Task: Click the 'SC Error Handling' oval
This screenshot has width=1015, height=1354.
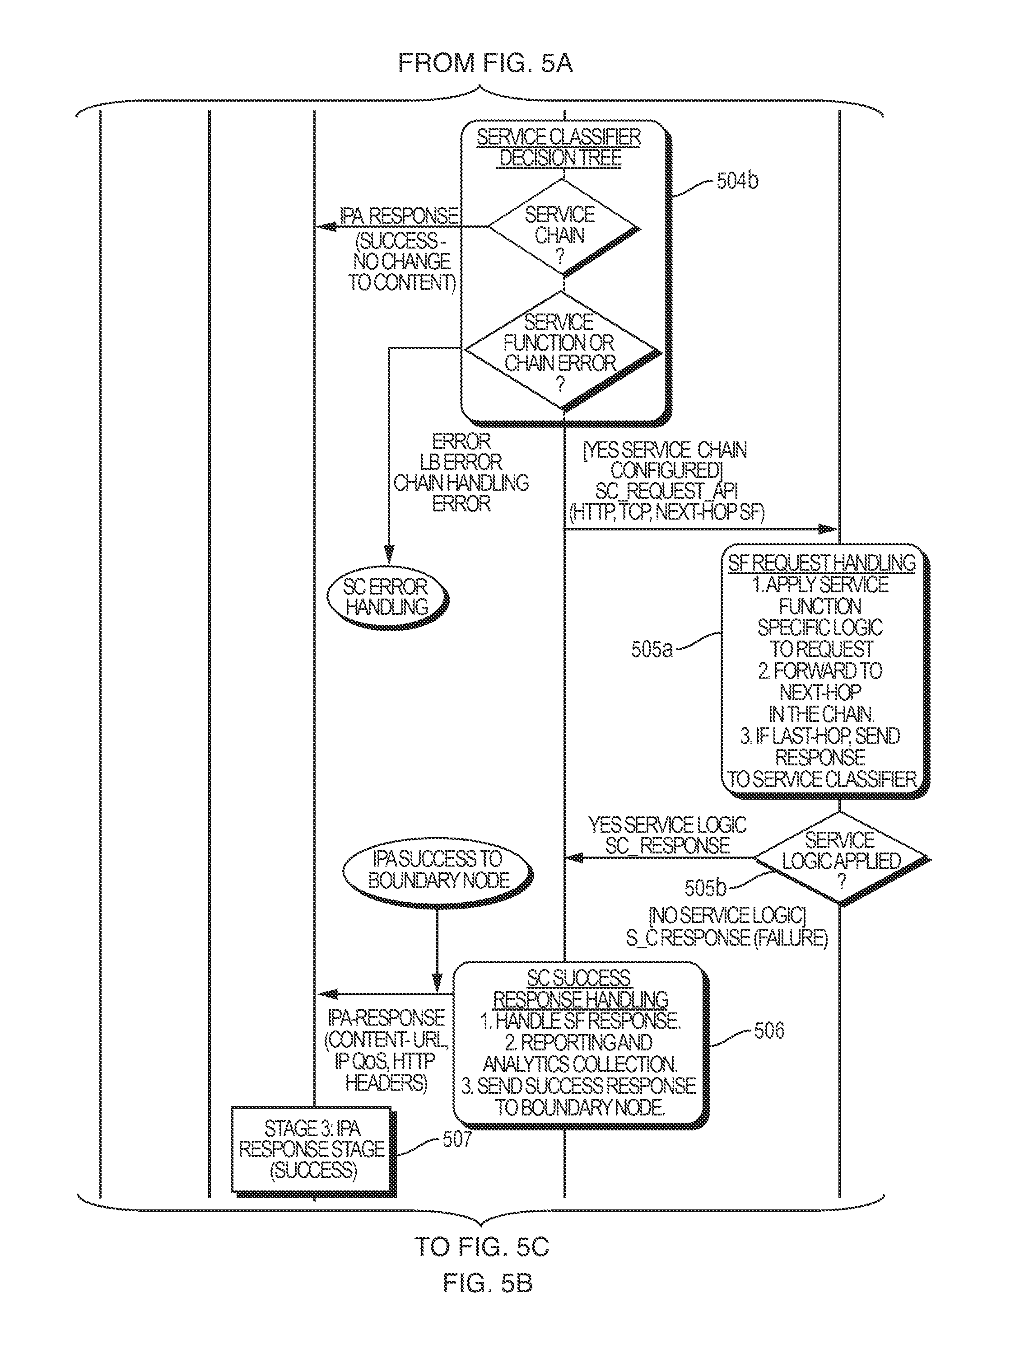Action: pos(386,597)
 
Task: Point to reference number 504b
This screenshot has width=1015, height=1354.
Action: pos(737,181)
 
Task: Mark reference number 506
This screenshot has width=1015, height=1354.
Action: pos(768,1030)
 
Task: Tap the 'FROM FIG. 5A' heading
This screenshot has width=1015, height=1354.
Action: pos(485,63)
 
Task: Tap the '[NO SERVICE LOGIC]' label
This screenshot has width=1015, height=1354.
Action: pos(727,916)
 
